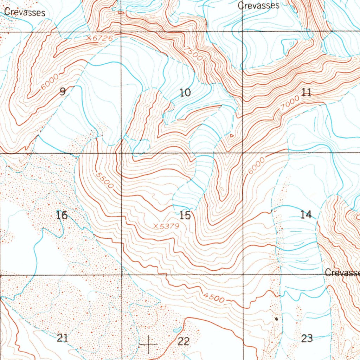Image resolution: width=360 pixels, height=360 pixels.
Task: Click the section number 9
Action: point(63,92)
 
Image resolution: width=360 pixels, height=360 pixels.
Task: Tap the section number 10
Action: point(185,93)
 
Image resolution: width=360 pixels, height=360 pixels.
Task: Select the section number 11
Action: point(306,92)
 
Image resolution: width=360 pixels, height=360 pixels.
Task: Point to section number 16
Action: point(62,215)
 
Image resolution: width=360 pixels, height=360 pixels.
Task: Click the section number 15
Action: point(185,215)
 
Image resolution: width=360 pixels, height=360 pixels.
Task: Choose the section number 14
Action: point(306,214)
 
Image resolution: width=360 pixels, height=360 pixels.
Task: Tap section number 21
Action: point(62,338)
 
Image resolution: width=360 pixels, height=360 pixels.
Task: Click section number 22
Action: point(184,341)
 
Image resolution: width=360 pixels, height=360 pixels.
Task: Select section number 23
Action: point(307,338)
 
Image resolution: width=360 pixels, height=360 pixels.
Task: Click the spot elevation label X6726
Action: point(99,38)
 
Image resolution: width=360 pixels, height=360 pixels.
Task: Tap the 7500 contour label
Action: point(195,54)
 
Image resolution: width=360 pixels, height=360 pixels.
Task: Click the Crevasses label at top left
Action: point(25,12)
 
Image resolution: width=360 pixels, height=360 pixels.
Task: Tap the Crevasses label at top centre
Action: point(258,6)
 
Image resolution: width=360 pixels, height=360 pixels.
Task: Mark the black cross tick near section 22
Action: point(149,345)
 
